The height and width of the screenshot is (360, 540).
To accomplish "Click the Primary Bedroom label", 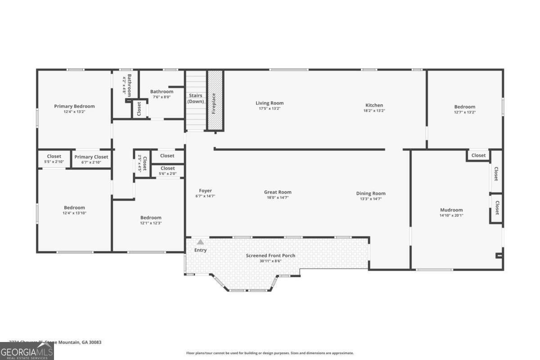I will (74, 106).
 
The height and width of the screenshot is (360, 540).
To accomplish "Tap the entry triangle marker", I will (200, 242).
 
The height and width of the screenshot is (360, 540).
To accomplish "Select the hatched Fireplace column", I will (215, 100).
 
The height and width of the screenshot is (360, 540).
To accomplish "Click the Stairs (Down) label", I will (195, 98).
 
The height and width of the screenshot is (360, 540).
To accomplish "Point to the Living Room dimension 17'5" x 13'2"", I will (270, 108).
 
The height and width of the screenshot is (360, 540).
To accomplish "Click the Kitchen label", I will (374, 105).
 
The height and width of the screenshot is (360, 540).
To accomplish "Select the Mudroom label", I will (451, 210).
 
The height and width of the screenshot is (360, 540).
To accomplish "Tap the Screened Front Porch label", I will (270, 256).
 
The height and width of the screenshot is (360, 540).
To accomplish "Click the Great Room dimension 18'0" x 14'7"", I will (278, 198).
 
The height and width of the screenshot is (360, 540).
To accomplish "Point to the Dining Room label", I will (371, 193).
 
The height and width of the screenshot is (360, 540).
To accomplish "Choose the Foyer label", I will (205, 191).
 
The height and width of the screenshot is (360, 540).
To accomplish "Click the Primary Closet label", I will (91, 157).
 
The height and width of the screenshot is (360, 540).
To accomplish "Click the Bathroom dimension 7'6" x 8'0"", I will (162, 96).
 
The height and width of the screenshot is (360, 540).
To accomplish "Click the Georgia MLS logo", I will (27, 351).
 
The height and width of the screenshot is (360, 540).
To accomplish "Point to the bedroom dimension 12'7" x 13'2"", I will (464, 112).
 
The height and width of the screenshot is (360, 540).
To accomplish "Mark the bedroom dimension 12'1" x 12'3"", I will (150, 223).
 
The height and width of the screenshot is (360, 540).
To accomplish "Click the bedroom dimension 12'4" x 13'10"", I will (74, 213).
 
